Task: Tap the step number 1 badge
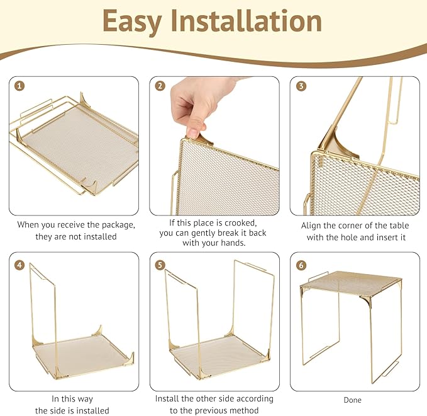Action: [20, 86]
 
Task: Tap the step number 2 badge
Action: [160, 86]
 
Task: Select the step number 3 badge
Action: [301, 86]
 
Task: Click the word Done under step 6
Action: [352, 400]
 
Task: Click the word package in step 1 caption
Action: [111, 224]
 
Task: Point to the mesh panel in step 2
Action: [226, 183]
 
